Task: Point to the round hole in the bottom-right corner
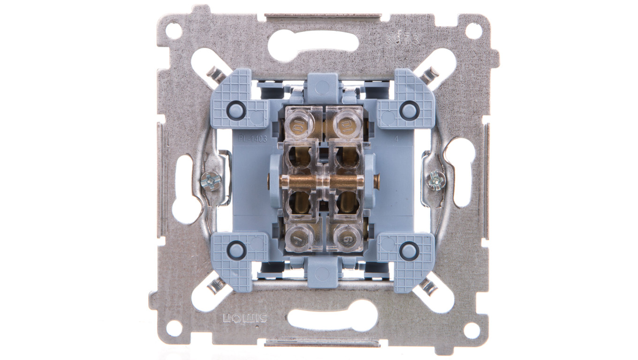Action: (472, 330)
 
